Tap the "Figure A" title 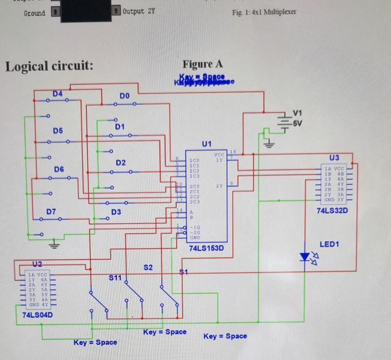point(202,64)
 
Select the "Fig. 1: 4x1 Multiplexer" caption point(264,12)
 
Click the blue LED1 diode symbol point(305,256)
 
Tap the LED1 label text point(329,244)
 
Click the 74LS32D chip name point(332,211)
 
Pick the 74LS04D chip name point(38,315)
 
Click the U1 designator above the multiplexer point(207,144)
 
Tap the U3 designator point(334,158)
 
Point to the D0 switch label point(124,96)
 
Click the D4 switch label point(58,94)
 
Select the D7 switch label point(51,211)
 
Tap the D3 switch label point(116,212)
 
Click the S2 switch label point(148,267)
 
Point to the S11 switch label point(115,278)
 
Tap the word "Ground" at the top point(34,13)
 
